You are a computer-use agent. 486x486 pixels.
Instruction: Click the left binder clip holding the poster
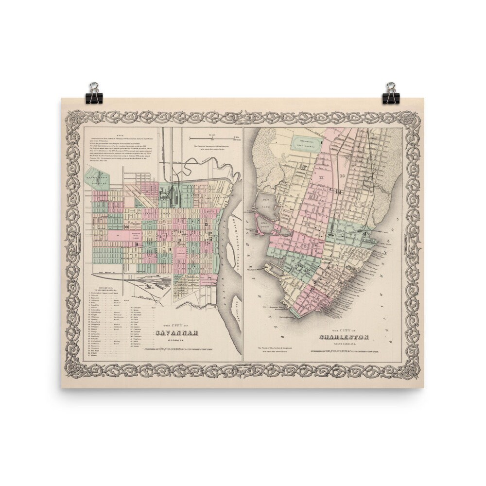point(93,93)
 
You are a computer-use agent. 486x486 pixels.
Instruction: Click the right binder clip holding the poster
point(390,93)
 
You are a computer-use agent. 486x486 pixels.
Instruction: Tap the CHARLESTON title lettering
point(344,337)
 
